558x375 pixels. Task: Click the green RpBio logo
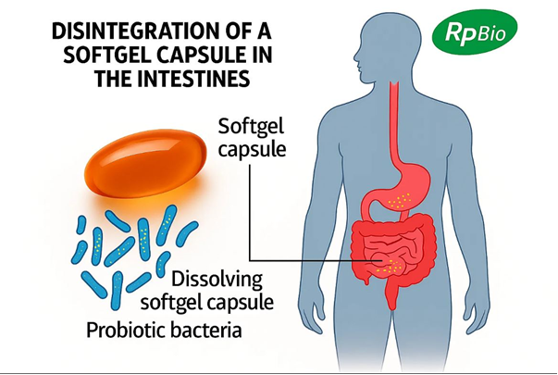tap(475, 32)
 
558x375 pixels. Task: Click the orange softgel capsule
tap(145, 164)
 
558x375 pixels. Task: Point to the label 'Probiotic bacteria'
tap(164, 331)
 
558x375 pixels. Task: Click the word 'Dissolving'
tap(217, 280)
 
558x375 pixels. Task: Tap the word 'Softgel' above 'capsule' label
tap(251, 127)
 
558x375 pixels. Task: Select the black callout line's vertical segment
tap(250, 212)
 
